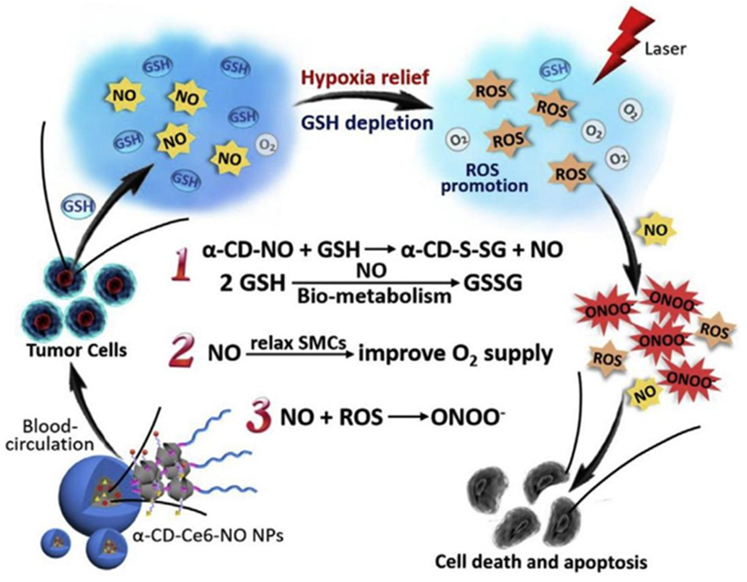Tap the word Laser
[x=666, y=49]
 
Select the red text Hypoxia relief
[x=365, y=78]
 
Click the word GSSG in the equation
[x=492, y=283]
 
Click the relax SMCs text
[x=299, y=343]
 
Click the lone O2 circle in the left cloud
[x=266, y=145]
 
